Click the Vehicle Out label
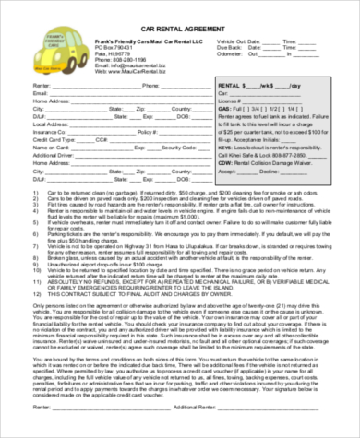233,42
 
